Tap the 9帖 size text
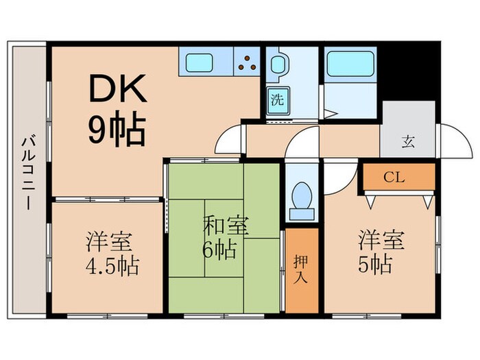(x=115, y=129)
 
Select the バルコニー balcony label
(x=27, y=172)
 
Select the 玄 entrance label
(x=408, y=143)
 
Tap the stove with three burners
(x=248, y=63)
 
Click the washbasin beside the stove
(x=278, y=64)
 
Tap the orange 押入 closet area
(x=302, y=271)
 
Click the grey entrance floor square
(x=408, y=130)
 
